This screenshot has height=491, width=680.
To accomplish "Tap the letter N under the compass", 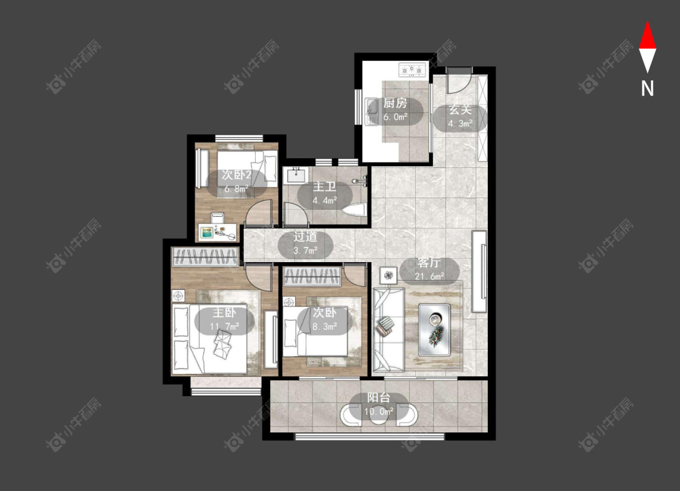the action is [647, 88].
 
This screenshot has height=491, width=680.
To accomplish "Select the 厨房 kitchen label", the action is [395, 103].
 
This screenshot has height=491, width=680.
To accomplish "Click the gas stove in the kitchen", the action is [412, 69].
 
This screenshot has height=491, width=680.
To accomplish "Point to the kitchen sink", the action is [372, 111].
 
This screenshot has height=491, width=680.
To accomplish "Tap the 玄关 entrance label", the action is [460, 110].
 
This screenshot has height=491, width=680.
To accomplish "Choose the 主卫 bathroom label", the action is [325, 187].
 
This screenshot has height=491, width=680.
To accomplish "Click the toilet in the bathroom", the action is [354, 210].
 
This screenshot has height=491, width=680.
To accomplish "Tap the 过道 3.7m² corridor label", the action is [305, 243].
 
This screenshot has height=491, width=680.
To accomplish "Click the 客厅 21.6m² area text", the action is [429, 269].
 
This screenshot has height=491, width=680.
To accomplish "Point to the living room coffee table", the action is [434, 330].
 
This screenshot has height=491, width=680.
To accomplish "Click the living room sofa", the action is [388, 330].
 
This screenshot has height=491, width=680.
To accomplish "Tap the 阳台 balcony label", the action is [378, 397].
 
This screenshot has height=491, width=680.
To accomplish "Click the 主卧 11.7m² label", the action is [224, 319].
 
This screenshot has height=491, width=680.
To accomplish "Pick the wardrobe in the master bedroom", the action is [205, 257].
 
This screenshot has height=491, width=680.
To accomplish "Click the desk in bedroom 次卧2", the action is [218, 233].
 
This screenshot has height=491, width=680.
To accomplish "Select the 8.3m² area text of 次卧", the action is [325, 326].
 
